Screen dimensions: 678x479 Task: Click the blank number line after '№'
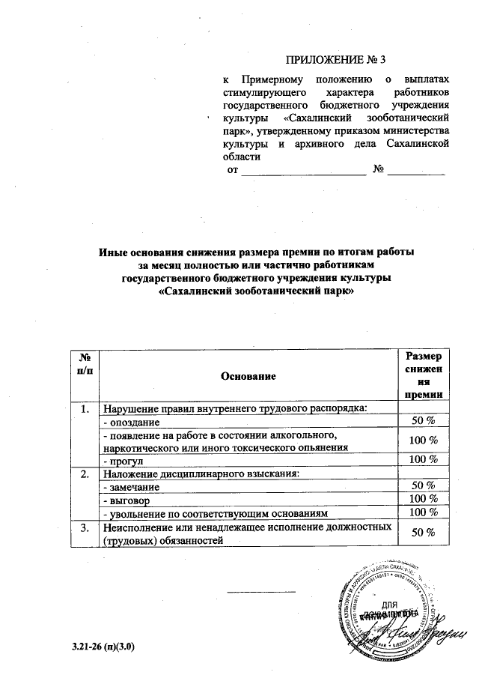pyautogui.click(x=420, y=171)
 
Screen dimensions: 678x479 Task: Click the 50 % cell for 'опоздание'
pyautogui.click(x=424, y=422)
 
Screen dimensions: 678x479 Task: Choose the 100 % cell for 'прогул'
pyautogui.click(x=424, y=459)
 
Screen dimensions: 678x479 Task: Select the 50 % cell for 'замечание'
pyautogui.click(x=424, y=486)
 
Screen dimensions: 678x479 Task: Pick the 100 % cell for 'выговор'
pyautogui.click(x=424, y=499)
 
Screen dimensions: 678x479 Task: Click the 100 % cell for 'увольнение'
pyautogui.click(x=424, y=512)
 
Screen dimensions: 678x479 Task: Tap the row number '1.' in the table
pyautogui.click(x=85, y=409)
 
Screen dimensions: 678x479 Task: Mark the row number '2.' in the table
pyautogui.click(x=85, y=473)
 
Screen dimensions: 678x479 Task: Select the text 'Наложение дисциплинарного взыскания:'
pyautogui.click(x=201, y=473)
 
